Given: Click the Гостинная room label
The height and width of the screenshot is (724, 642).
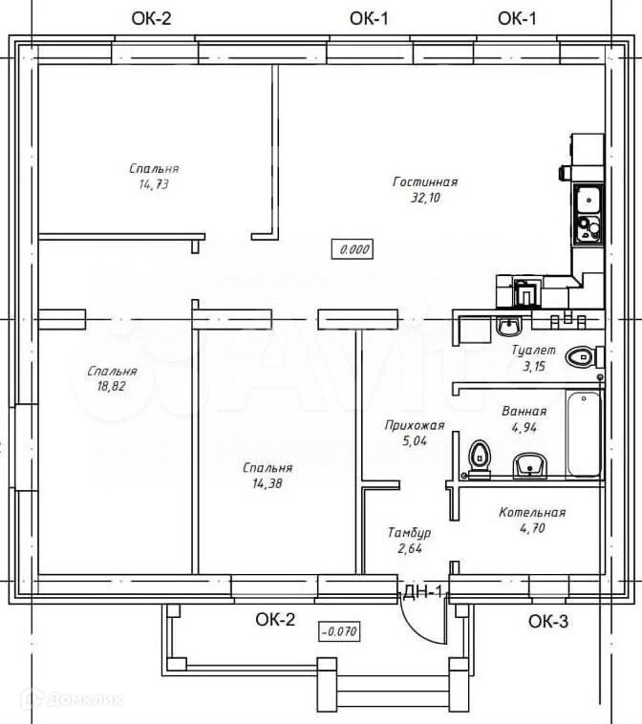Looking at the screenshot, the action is click(425, 181).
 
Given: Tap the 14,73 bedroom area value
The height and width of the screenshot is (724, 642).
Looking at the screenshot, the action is click(153, 184).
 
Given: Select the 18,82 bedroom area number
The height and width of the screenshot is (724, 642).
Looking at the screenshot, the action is click(111, 387).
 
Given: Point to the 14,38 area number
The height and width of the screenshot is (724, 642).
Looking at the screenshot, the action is click(267, 483).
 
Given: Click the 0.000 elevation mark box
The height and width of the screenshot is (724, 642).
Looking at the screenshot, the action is click(352, 249).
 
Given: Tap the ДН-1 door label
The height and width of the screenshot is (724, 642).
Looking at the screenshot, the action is click(423, 592).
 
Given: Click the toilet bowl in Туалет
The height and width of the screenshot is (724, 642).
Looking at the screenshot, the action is click(580, 357).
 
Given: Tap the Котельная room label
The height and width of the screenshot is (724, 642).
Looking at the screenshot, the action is click(532, 513).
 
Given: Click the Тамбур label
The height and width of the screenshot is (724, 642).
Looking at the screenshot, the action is click(409, 532).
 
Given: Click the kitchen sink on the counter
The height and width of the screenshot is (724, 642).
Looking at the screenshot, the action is click(586, 200).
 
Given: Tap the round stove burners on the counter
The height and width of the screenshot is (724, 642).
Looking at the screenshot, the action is click(587, 228).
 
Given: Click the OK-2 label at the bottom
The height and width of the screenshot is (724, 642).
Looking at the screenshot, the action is click(275, 621).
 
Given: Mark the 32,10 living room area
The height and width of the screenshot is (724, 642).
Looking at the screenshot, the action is click(425, 198).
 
